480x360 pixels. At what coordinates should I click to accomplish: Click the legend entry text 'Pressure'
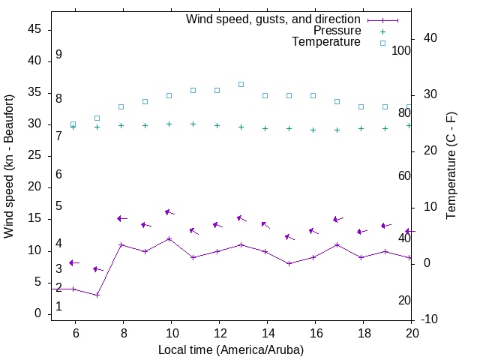(x=337, y=31)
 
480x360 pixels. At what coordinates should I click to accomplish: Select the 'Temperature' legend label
(x=326, y=42)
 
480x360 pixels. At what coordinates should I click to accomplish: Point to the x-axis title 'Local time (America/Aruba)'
(x=231, y=349)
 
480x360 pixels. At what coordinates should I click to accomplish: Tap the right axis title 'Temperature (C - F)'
(x=451, y=166)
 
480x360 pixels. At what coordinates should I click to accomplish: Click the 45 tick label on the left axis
(x=34, y=29)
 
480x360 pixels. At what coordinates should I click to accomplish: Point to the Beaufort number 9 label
(x=58, y=55)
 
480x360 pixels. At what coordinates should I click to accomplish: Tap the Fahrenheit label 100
(x=401, y=50)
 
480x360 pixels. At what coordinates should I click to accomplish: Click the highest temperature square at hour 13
(x=241, y=84)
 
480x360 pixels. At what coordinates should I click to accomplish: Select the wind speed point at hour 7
(x=97, y=295)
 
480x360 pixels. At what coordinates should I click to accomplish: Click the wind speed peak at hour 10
(x=169, y=238)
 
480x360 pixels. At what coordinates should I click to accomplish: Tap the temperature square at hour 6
(x=73, y=124)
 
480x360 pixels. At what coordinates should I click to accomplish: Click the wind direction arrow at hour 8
(x=122, y=218)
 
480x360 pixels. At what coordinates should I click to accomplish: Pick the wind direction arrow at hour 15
(x=290, y=236)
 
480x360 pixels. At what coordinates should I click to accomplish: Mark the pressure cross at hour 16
(x=313, y=130)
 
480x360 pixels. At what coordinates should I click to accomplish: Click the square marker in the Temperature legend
(x=382, y=43)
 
